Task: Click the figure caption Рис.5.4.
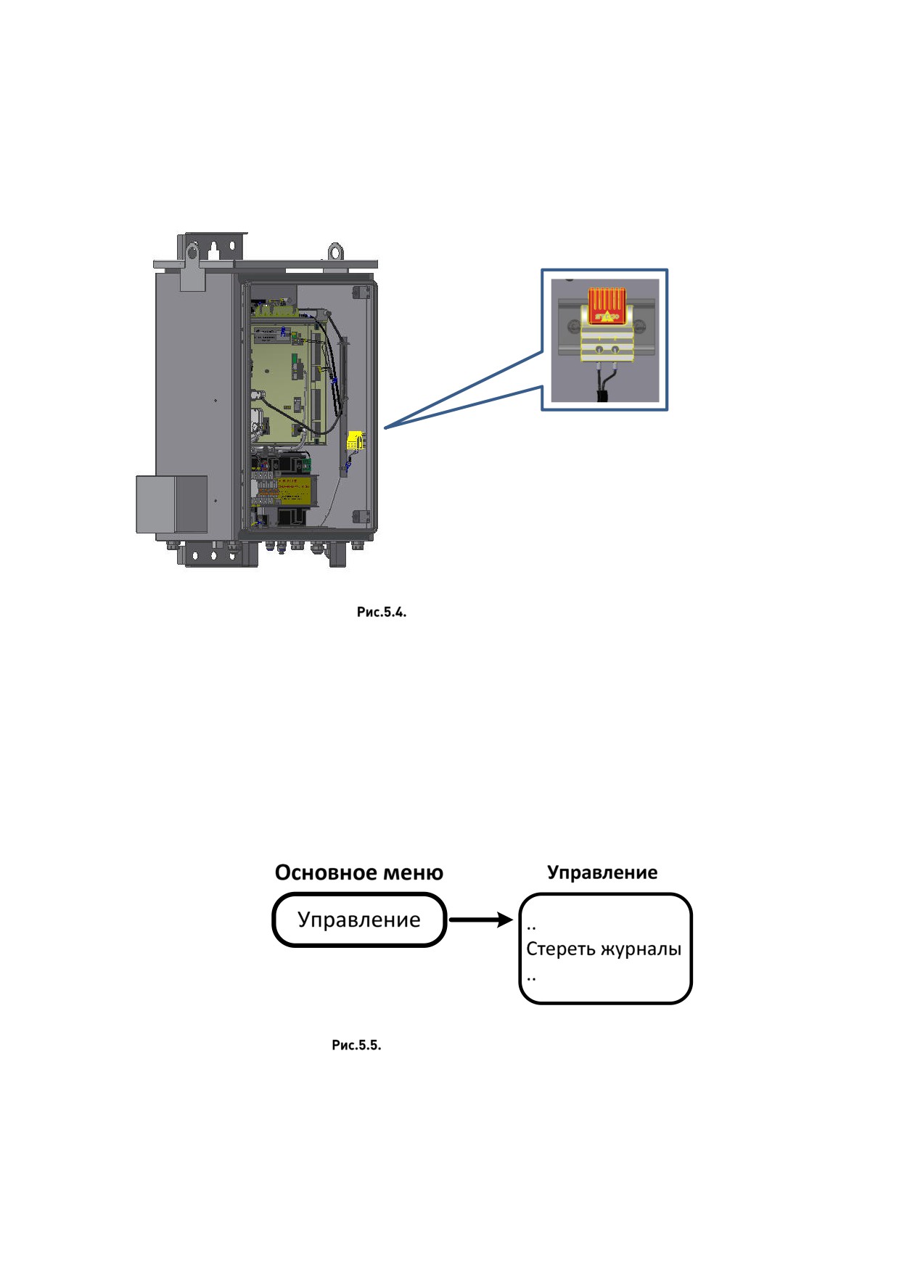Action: point(382,612)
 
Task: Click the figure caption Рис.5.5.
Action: point(356,1045)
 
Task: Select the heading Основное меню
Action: point(359,872)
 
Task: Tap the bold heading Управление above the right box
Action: point(602,872)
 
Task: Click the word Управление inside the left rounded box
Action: point(359,920)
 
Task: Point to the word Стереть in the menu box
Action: point(557,949)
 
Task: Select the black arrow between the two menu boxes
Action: point(481,920)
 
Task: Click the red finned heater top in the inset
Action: point(607,306)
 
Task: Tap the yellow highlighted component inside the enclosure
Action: point(354,441)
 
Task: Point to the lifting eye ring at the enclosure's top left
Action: point(192,252)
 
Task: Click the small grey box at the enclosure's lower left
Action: point(172,504)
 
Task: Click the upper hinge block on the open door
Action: point(361,292)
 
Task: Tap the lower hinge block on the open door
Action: point(361,516)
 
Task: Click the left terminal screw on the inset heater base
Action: point(599,351)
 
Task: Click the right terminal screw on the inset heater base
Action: point(615,351)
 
